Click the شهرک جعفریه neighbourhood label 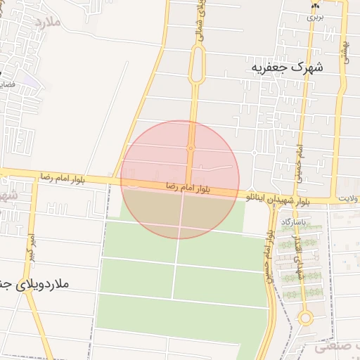pos(289,68)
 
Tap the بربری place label pos(311,18)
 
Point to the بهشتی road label pos(347,53)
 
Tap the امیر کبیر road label pos(30,243)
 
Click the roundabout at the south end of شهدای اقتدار pos(305,318)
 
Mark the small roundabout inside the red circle pos(191,148)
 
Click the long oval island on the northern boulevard pos(197,64)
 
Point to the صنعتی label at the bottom pos(336,347)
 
